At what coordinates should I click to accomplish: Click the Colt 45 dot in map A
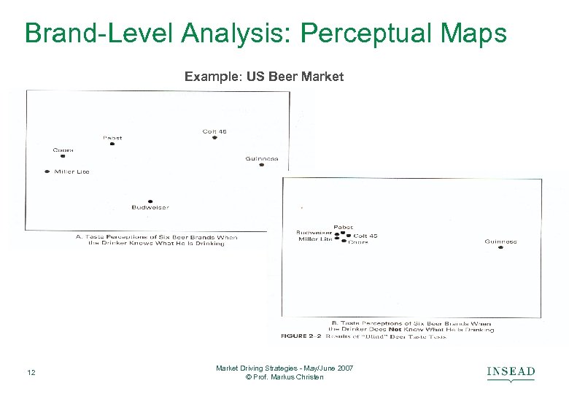coord(214,137)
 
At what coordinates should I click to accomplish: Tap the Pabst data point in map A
coord(112,144)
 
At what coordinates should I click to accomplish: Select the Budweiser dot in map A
coord(150,201)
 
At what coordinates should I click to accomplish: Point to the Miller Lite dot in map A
coord(47,171)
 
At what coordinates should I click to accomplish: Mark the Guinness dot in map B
coord(500,247)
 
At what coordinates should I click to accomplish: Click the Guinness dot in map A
coord(261,165)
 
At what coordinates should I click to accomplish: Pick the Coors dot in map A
coord(63,155)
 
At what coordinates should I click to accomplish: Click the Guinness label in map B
coord(500,242)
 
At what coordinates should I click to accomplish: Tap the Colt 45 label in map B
coord(365,236)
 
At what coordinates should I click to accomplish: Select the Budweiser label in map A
coord(150,207)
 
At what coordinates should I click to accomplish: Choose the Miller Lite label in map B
coord(315,239)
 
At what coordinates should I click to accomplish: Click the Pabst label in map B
coord(343,227)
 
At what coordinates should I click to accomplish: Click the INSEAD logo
coord(511,373)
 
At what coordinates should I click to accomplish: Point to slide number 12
coord(30,374)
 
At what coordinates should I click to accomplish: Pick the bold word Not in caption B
coord(395,329)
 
